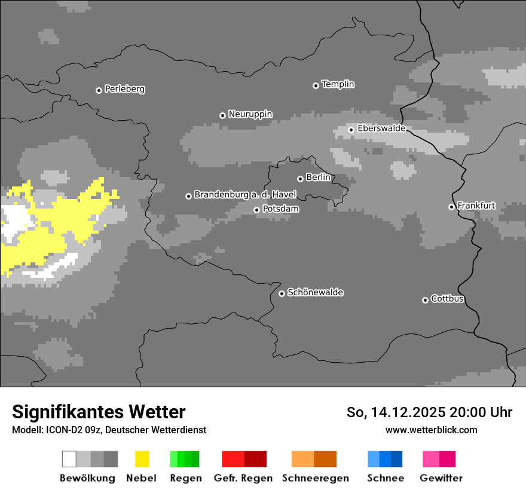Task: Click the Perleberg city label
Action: click(124, 89)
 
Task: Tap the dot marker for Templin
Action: click(316, 85)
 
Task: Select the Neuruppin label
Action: click(250, 114)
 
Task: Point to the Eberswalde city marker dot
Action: click(351, 130)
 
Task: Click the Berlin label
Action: click(318, 177)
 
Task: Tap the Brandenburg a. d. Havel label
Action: click(245, 195)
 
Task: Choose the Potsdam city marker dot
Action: click(256, 210)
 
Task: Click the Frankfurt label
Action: click(476, 206)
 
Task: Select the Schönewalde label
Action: click(315, 292)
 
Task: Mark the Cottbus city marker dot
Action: click(425, 300)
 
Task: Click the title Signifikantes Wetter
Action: click(99, 412)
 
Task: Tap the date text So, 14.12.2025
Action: click(396, 412)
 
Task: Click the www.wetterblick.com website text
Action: click(431, 430)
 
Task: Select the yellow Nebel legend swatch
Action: click(142, 459)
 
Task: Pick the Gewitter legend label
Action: click(441, 478)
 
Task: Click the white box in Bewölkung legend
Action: click(69, 459)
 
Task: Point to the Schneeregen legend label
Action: click(315, 478)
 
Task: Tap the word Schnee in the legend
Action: click(385, 478)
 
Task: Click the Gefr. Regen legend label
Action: click(243, 478)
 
